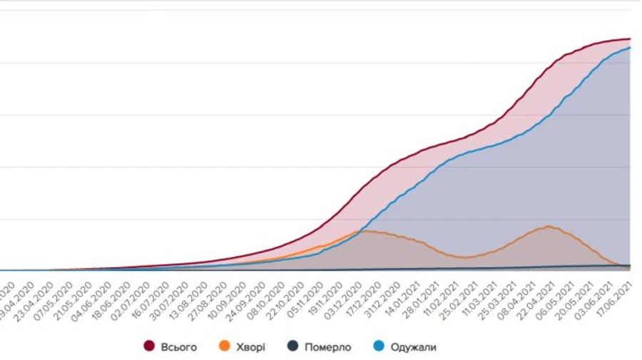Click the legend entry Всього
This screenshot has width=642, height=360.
click(178, 347)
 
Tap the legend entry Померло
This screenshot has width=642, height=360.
click(327, 347)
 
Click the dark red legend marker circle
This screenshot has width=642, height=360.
click(150, 347)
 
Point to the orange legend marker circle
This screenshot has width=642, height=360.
click(225, 347)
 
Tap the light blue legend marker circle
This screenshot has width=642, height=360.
click(379, 347)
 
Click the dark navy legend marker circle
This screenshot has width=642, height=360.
click(292, 347)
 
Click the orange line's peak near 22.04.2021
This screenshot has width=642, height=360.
click(548, 227)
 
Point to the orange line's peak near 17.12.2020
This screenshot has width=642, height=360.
click(365, 231)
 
